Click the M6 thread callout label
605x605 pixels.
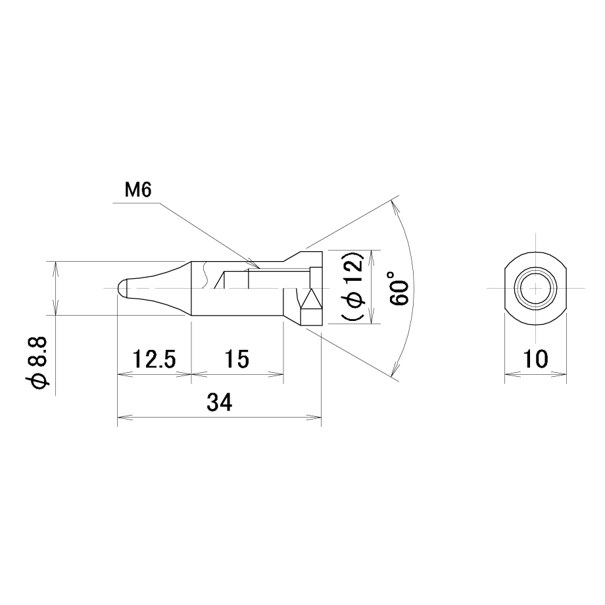(137, 190)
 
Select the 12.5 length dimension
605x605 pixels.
(154, 359)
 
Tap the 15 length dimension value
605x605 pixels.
(237, 359)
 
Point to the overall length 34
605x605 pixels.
(219, 402)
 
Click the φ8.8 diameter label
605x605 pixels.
(37, 362)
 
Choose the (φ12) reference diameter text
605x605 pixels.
(352, 287)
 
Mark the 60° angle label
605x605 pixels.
(399, 289)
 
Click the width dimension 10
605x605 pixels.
(535, 359)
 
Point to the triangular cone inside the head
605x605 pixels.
(311, 299)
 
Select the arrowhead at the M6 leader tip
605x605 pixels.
(254, 264)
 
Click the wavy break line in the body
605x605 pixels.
(205, 275)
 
